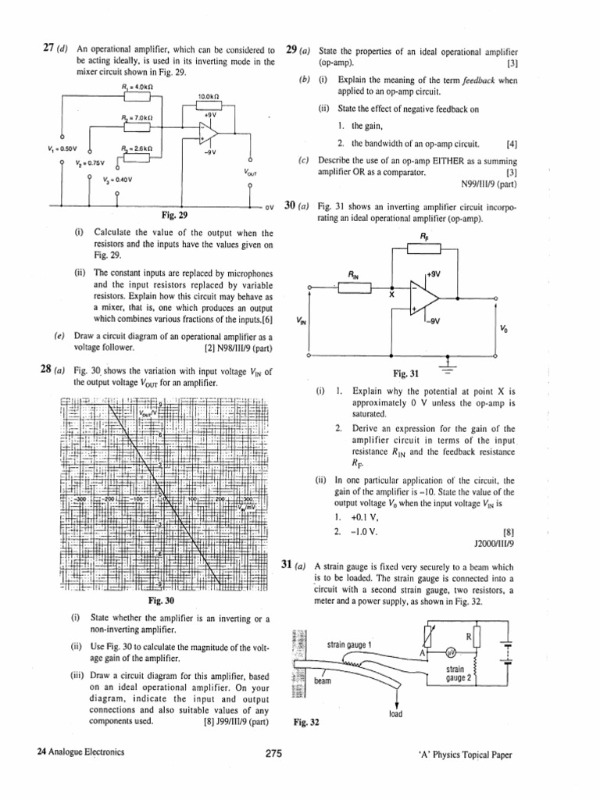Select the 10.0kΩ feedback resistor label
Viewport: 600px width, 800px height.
tap(209, 96)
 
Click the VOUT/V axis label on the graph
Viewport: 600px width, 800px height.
tap(148, 412)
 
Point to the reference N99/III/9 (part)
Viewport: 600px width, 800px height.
tap(490, 185)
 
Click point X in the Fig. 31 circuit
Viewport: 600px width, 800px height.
tap(390, 295)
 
